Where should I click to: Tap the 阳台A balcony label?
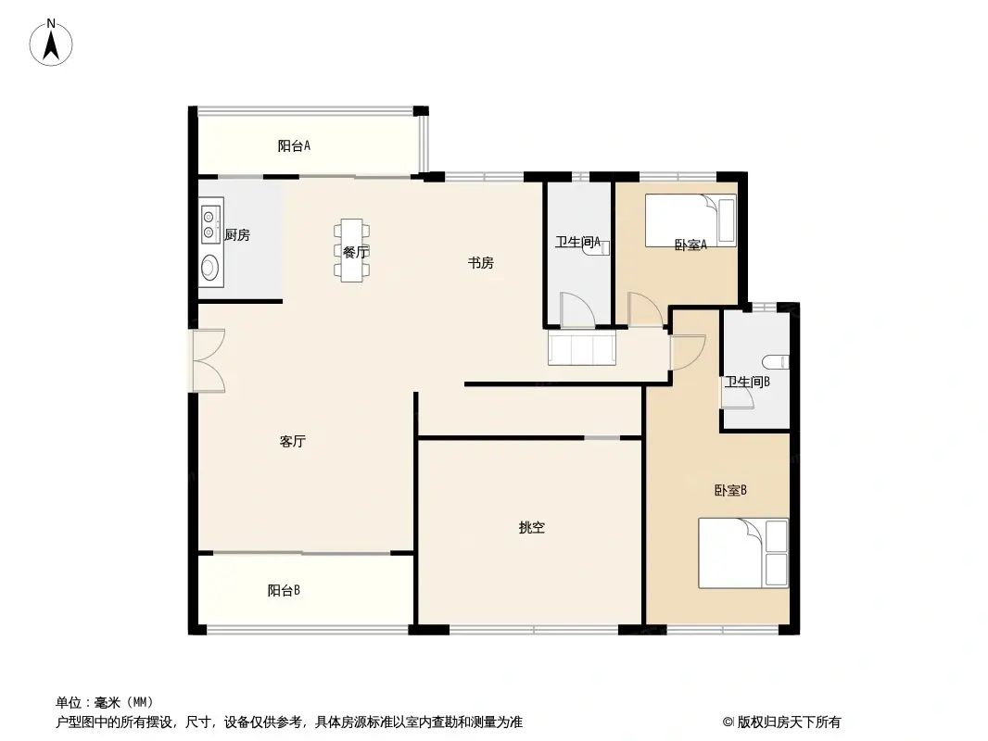pyautogui.click(x=294, y=145)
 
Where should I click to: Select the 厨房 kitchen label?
pyautogui.click(x=237, y=235)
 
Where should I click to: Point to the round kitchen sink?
pyautogui.click(x=210, y=269)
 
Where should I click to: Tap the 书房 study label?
pyautogui.click(x=480, y=263)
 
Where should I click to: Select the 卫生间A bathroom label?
pyautogui.click(x=577, y=243)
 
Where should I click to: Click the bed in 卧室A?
pyautogui.click(x=690, y=220)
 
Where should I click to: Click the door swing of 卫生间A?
pyautogui.click(x=576, y=310)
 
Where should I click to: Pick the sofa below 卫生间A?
pyautogui.click(x=582, y=349)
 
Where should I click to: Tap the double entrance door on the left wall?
pyautogui.click(x=208, y=360)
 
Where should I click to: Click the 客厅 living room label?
pyautogui.click(x=293, y=442)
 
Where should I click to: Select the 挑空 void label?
pyautogui.click(x=531, y=528)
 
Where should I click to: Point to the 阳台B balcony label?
pyautogui.click(x=284, y=590)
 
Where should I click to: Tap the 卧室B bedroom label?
pyautogui.click(x=730, y=491)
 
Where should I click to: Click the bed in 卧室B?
pyautogui.click(x=742, y=553)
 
